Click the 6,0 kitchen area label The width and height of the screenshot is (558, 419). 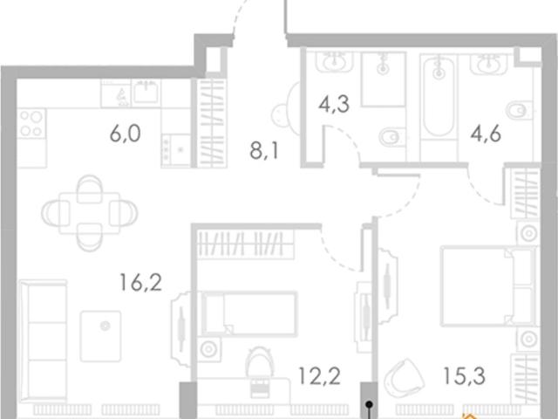[125, 134]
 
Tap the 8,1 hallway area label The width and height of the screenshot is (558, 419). [263, 151]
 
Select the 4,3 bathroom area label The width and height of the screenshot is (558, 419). [334, 105]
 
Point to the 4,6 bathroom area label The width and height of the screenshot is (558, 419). [486, 134]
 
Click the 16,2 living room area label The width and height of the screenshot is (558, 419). [141, 282]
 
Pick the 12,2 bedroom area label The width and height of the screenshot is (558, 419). [320, 376]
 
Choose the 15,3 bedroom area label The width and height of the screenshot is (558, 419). [465, 376]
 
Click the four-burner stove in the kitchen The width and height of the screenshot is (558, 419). [31, 123]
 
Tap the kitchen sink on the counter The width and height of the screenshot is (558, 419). [146, 92]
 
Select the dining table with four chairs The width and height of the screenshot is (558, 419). [89, 213]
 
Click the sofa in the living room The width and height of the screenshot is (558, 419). [43, 340]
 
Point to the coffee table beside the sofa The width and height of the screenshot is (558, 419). [101, 336]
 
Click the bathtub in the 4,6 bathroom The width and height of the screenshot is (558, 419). [439, 96]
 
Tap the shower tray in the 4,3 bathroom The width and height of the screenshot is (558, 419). [384, 79]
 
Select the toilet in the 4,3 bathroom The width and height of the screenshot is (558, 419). [391, 137]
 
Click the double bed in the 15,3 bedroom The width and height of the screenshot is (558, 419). [489, 286]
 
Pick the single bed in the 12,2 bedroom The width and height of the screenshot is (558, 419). [248, 314]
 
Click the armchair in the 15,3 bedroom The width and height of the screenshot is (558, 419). [404, 378]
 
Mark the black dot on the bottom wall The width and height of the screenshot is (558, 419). [370, 404]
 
